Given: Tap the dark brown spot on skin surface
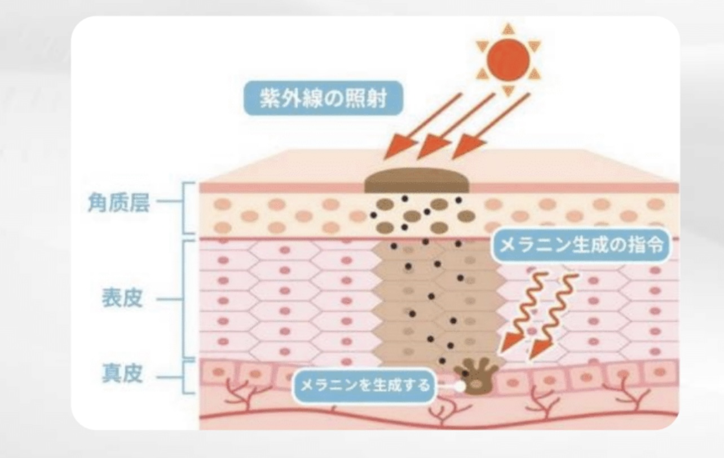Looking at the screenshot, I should [x=418, y=182].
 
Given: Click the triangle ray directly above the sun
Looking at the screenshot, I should [x=509, y=28].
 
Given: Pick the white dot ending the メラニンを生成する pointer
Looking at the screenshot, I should [x=460, y=387].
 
